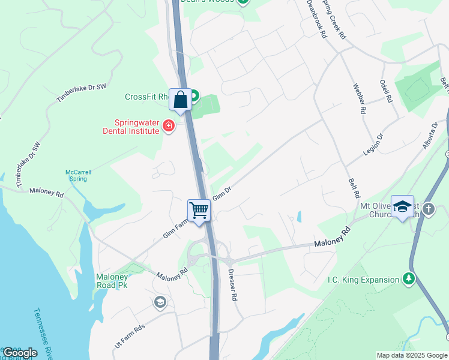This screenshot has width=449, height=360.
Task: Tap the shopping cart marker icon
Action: click(199, 211)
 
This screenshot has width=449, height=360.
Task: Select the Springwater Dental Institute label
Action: click(130, 125)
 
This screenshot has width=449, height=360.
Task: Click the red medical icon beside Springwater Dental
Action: click(169, 126)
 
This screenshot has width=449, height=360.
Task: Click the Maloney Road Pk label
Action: click(112, 281)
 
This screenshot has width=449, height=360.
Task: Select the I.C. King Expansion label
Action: click(363, 280)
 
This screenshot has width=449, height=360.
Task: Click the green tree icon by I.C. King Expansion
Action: click(408, 278)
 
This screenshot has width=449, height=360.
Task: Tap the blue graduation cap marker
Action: click(402, 207)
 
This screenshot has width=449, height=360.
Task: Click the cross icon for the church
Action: click(428, 209)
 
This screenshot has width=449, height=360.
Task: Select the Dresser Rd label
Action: click(233, 284)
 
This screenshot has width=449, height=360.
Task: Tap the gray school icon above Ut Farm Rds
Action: click(159, 301)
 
